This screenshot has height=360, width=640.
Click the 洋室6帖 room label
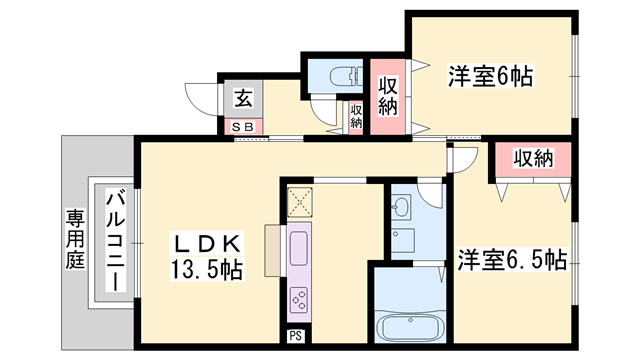(489, 75)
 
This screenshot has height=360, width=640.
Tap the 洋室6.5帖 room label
(512, 261)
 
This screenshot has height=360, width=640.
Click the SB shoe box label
(243, 127)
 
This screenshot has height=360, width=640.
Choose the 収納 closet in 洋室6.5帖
(533, 159)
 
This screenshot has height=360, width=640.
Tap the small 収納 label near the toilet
(357, 117)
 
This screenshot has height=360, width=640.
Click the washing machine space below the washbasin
(404, 241)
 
